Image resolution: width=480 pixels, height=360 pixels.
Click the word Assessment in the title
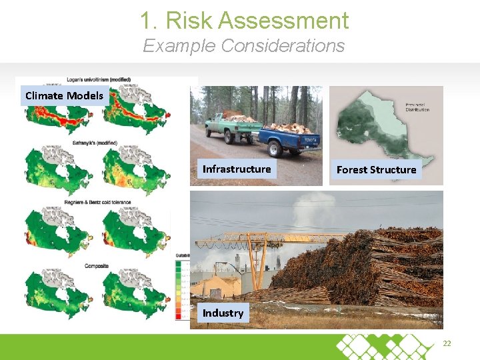pyautogui.click(x=283, y=21)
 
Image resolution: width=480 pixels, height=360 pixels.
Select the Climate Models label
pyautogui.click(x=64, y=95)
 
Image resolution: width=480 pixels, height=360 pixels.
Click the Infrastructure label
pyautogui.click(x=237, y=169)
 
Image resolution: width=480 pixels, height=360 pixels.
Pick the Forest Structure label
pyautogui.click(x=376, y=170)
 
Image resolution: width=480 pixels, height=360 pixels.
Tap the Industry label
pyautogui.click(x=223, y=313)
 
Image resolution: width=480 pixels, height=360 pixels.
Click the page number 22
pyautogui.click(x=447, y=343)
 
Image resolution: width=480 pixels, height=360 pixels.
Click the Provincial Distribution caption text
pyautogui.click(x=417, y=107)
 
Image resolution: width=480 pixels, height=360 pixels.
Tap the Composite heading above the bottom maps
pyautogui.click(x=97, y=266)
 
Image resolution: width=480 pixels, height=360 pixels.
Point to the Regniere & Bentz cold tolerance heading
pyautogui.click(x=97, y=202)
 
